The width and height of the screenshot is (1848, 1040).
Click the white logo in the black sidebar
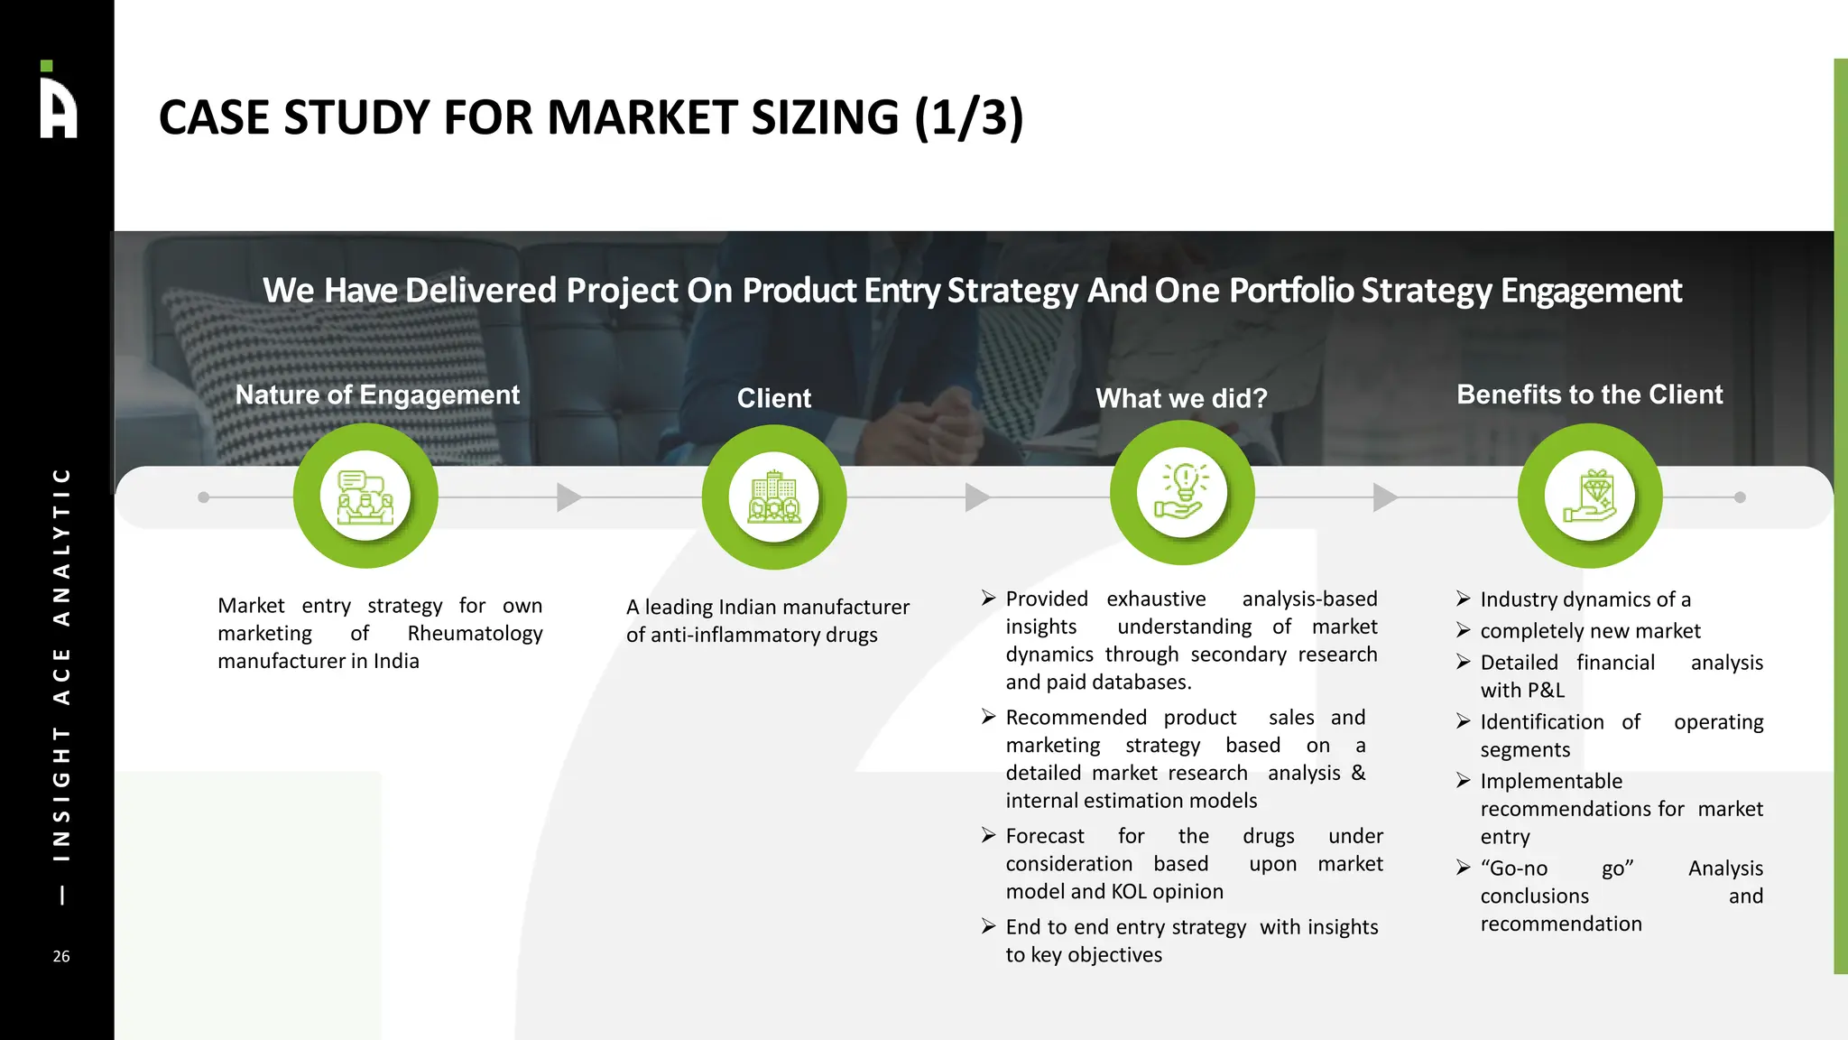pyautogui.click(x=59, y=101)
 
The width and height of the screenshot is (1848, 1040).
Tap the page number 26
pyautogui.click(x=61, y=956)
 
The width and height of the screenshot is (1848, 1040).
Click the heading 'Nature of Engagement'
pyautogui.click(x=377, y=395)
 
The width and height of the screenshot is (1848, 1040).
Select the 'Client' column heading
pyautogui.click(x=773, y=398)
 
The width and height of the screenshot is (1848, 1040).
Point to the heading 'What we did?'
pyautogui.click(x=1181, y=398)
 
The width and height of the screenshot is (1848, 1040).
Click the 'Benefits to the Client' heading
pyautogui.click(x=1589, y=395)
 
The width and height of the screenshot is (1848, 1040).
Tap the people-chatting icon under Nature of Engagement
pyautogui.click(x=365, y=497)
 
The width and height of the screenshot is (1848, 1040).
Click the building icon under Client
pyautogui.click(x=773, y=497)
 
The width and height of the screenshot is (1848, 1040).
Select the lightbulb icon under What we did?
pyautogui.click(x=1182, y=493)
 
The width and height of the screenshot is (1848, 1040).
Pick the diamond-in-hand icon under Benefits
pyautogui.click(x=1590, y=496)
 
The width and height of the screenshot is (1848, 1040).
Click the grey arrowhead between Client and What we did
pyautogui.click(x=977, y=497)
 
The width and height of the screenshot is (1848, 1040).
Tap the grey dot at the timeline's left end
pyautogui.click(x=204, y=497)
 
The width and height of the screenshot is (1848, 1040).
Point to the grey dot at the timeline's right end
pyautogui.click(x=1740, y=497)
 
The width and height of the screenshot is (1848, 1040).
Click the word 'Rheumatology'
pyautogui.click(x=475, y=634)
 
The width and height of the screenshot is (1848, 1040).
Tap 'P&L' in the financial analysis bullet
pyautogui.click(x=1546, y=691)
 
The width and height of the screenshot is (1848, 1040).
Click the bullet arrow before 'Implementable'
pyautogui.click(x=1464, y=780)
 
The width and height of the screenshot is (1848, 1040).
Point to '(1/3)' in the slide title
pyautogui.click(x=968, y=118)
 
